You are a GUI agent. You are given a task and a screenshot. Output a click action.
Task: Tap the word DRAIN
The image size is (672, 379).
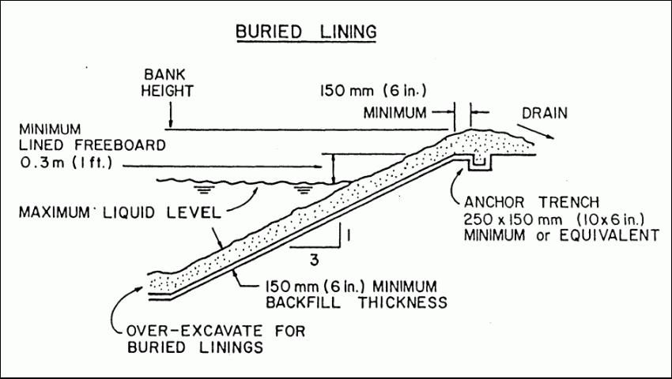pyautogui.click(x=543, y=113)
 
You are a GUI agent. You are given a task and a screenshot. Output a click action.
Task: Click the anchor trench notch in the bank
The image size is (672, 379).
pyautogui.click(x=479, y=163)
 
